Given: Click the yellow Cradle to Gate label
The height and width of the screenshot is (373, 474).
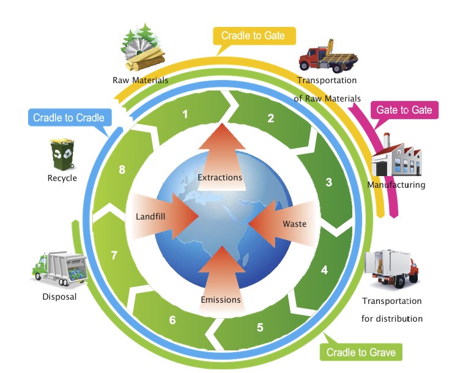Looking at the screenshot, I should [x=253, y=36].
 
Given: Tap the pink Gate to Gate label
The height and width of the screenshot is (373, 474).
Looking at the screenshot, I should [x=404, y=110].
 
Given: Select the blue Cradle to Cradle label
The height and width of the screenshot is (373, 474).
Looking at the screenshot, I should [x=69, y=117].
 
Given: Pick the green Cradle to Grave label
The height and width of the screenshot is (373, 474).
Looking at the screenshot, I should [x=360, y=352].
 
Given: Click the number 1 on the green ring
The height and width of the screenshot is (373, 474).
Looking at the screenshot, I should [x=185, y=114].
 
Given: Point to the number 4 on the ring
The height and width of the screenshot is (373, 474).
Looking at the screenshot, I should [x=324, y=270].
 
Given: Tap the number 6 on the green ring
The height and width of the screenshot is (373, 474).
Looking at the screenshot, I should [x=172, y=320].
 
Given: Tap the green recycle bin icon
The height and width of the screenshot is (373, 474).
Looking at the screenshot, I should [x=62, y=153].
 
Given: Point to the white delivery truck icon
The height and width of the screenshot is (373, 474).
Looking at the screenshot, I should [x=391, y=270].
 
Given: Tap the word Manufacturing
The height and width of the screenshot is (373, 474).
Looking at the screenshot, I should [x=396, y=185].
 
